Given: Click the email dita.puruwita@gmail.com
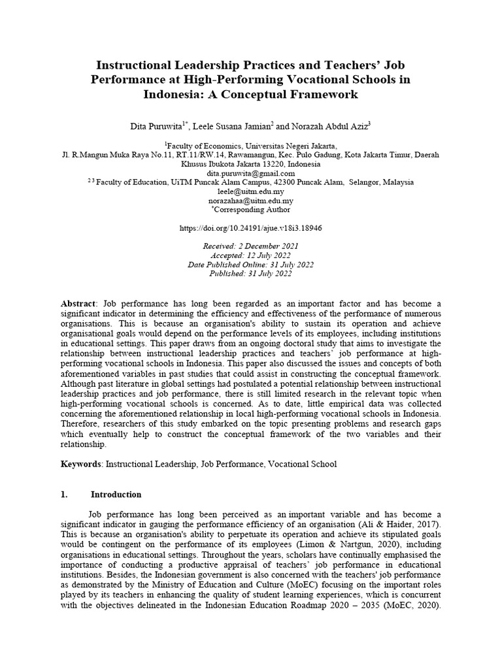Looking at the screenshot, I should pos(250,174).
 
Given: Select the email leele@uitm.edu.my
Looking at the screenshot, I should pos(250,192).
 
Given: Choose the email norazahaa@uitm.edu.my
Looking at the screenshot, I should pos(250,201).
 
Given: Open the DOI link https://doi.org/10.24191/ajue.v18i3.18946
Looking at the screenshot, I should pos(250,229).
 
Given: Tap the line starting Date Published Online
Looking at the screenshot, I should pos(250,265).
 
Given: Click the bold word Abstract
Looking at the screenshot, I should pos(78,304).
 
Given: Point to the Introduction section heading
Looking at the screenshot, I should pos(116,495).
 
